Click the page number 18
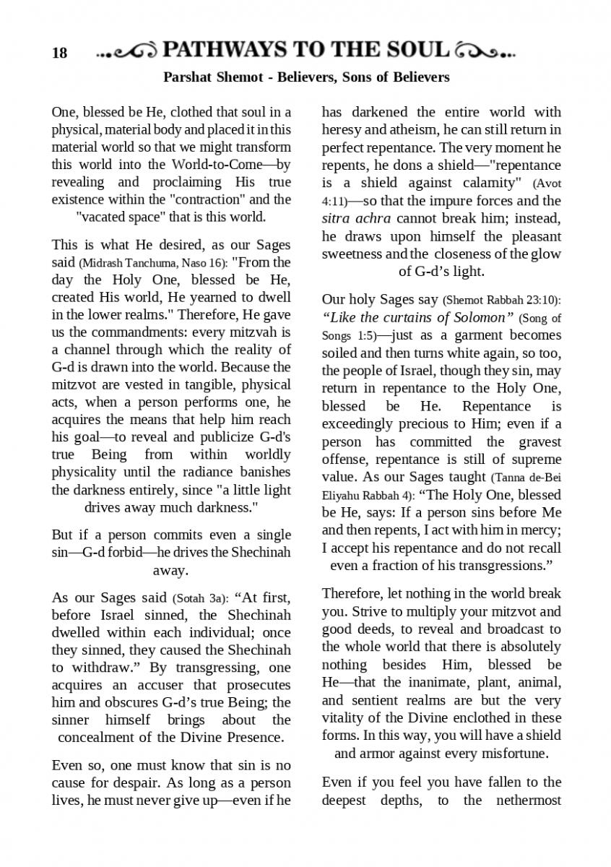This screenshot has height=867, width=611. pos(59,53)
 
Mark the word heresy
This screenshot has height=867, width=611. pos(340,130)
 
